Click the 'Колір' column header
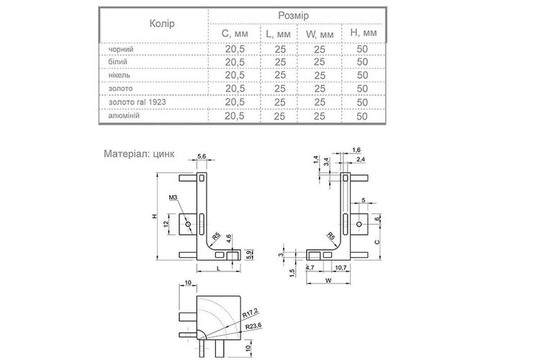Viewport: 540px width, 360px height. pos(162,24)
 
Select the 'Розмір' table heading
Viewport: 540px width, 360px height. pos(294,16)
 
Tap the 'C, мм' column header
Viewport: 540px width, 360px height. pos(235,34)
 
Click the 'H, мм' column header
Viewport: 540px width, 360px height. pos(364,33)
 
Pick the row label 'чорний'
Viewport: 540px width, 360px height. pos(121,49)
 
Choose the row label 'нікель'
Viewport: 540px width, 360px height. pos(119,75)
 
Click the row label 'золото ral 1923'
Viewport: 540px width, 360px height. pos(137,102)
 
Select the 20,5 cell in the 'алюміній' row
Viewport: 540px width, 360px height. pos(235,116)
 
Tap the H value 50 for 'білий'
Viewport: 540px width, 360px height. pos(362,62)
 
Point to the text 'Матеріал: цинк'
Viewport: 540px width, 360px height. pos(139,153)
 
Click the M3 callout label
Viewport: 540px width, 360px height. pos(173,197)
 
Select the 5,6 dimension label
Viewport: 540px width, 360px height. pos(202,156)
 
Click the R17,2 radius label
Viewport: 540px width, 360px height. pos(250,312)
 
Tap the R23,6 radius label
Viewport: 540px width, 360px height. pos(253,326)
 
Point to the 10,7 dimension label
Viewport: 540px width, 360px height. pos(341,267)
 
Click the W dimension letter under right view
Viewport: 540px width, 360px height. pos(328,281)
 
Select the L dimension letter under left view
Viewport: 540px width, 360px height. pos(218,269)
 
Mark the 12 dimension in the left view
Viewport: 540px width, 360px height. pos(166,224)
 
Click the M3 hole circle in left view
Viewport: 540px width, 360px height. pos(188,224)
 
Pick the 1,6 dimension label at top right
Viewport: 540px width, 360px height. pos(357,150)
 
